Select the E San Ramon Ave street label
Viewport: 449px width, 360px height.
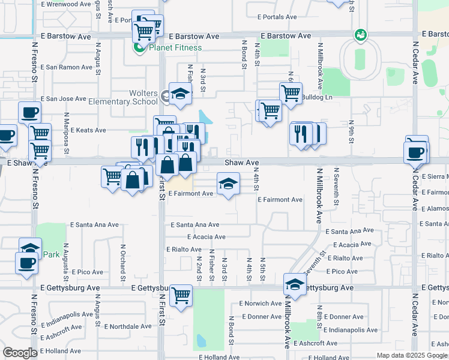(67, 67)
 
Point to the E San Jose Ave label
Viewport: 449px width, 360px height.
(64, 98)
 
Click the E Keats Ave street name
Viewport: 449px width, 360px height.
(88, 130)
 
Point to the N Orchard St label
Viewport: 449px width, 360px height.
(122, 262)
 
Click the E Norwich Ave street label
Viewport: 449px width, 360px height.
(260, 304)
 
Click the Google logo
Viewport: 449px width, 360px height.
(20, 353)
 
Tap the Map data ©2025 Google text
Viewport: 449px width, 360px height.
(411, 355)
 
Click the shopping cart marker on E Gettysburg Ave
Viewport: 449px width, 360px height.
(181, 295)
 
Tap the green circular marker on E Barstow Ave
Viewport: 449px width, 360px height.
(360, 35)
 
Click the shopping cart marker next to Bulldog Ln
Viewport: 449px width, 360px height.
(291, 93)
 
